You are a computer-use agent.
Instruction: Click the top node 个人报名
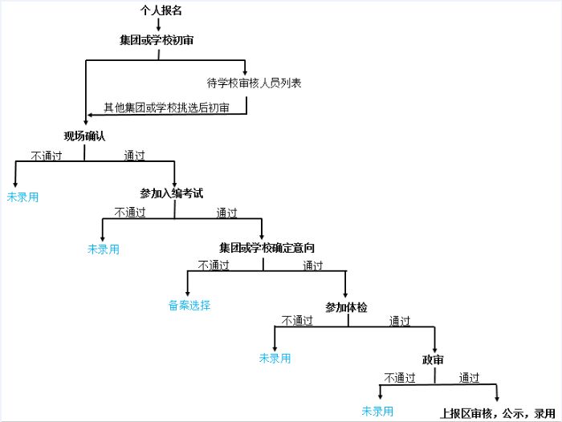pos(161,10)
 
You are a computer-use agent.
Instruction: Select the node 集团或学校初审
pos(157,40)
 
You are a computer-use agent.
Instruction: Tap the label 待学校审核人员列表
pos(255,83)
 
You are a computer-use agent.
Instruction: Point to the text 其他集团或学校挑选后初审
pos(166,108)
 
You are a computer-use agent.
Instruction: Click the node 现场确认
pos(84,136)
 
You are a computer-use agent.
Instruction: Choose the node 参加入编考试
pos(172,193)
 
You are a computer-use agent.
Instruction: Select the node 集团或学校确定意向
pos(267,248)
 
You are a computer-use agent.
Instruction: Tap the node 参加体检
pos(346,307)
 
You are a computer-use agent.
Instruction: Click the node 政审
pos(433,359)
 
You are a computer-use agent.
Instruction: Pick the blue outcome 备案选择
pos(189,305)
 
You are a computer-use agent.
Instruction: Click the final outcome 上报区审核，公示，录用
pos(498,413)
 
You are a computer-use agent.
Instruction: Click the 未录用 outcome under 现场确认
pos(22,197)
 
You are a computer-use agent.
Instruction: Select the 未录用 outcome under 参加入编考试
pos(104,250)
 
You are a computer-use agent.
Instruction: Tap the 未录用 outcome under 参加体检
pos(275,359)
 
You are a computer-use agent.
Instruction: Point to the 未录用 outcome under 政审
pos(377,412)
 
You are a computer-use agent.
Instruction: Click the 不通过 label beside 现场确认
pos(47,156)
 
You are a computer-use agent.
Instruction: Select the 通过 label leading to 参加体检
pos(313,266)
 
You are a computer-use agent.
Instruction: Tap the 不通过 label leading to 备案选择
pos(214,265)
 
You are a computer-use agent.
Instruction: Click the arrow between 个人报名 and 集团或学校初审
pos(158,24)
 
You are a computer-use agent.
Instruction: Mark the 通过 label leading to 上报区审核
pos(469,378)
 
